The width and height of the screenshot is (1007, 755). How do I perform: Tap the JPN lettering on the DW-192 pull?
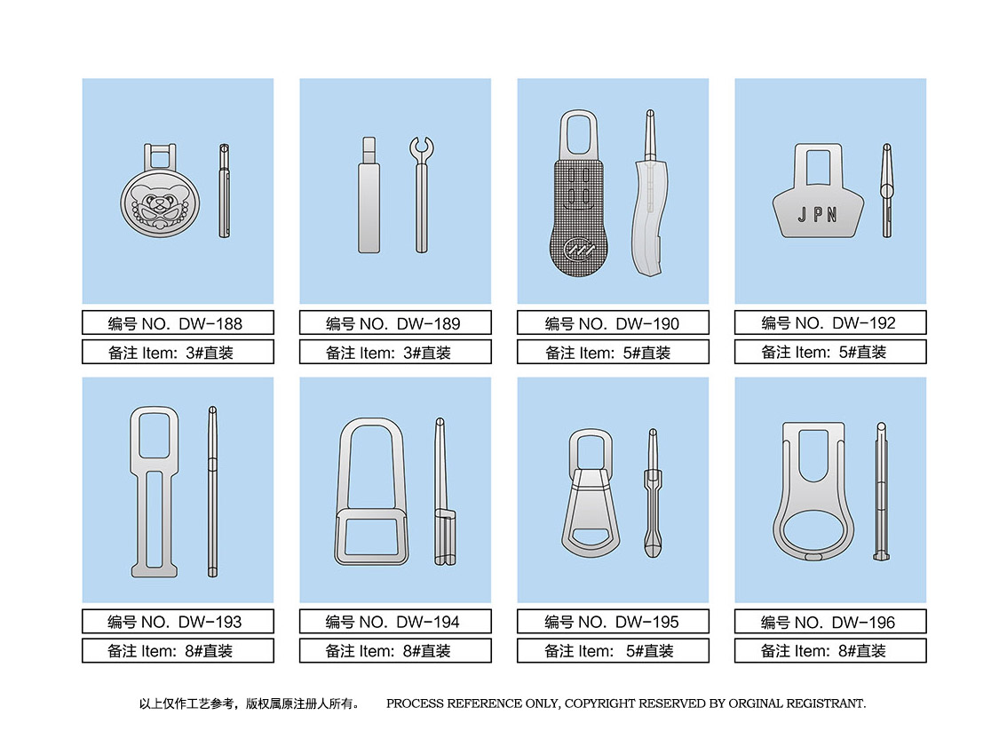click(x=818, y=215)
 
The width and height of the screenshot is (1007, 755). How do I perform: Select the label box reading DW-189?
click(x=395, y=322)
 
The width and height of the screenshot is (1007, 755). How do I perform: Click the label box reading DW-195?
click(x=613, y=622)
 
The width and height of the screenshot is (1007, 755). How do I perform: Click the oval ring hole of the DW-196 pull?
click(x=813, y=531)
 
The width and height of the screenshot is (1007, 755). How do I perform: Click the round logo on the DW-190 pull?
click(x=576, y=250)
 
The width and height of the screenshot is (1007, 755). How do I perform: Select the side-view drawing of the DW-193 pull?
click(x=212, y=491)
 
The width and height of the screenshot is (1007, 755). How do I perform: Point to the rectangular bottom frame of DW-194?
click(x=371, y=536)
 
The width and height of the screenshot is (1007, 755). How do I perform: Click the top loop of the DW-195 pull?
click(x=591, y=449)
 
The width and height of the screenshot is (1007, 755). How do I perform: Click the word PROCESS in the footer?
click(x=416, y=703)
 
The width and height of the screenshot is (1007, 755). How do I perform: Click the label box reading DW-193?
click(x=178, y=622)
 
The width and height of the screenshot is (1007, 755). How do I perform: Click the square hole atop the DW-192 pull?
click(x=818, y=169)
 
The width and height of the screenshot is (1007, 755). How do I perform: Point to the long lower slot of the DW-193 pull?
click(x=155, y=520)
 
